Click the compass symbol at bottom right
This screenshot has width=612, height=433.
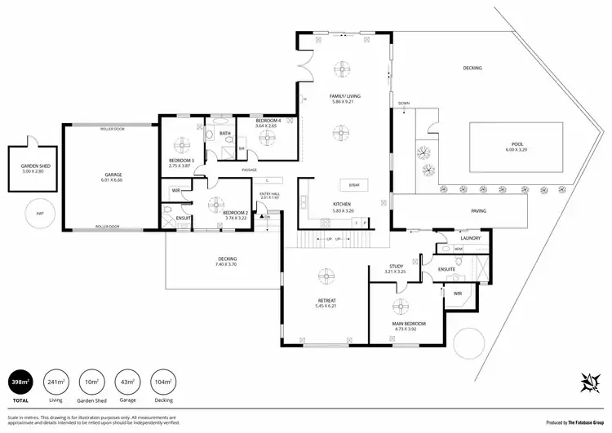pos(589,381)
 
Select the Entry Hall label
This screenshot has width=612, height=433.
pos(268,195)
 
